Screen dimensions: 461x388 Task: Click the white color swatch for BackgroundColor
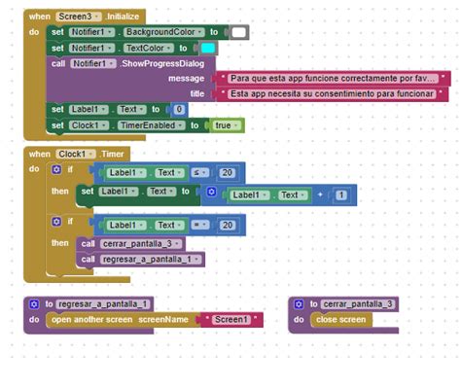pos(239,32)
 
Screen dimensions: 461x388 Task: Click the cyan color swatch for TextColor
pos(208,48)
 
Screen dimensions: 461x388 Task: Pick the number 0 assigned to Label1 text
pos(180,110)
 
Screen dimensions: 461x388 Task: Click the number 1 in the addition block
pos(340,195)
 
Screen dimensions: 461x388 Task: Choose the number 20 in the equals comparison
pos(227,225)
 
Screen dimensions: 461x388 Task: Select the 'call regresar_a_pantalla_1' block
pos(141,259)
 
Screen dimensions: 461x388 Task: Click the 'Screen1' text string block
pos(230,319)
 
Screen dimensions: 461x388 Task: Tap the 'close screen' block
pos(340,319)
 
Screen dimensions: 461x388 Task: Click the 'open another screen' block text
pos(93,319)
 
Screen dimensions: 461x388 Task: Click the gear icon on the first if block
pos(56,169)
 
